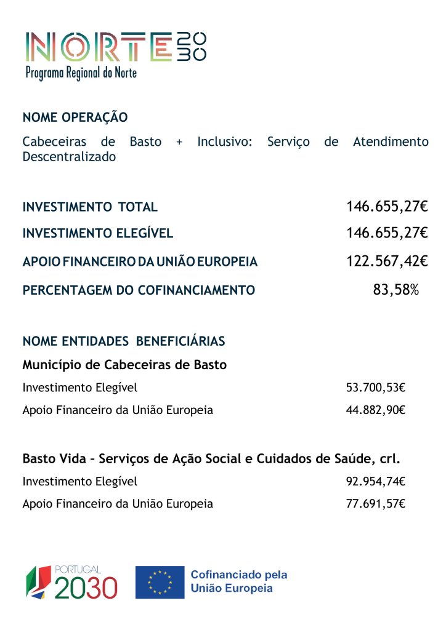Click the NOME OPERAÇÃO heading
(x=75, y=118)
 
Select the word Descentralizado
(x=69, y=157)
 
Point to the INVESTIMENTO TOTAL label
(x=90, y=207)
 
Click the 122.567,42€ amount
(x=387, y=261)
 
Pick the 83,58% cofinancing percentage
(x=396, y=290)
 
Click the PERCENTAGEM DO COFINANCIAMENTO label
(x=139, y=290)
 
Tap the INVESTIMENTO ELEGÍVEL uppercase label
(x=98, y=234)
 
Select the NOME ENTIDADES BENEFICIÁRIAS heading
(x=124, y=341)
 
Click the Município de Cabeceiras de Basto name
(x=124, y=365)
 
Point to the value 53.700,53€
(x=376, y=388)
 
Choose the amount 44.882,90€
(x=376, y=410)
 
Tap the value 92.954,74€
(x=376, y=481)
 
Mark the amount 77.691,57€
(x=376, y=504)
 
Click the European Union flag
(x=160, y=582)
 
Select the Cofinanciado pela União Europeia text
(x=239, y=581)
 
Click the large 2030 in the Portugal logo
(x=86, y=588)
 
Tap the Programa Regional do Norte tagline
(x=81, y=73)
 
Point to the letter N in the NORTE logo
(x=41, y=46)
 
